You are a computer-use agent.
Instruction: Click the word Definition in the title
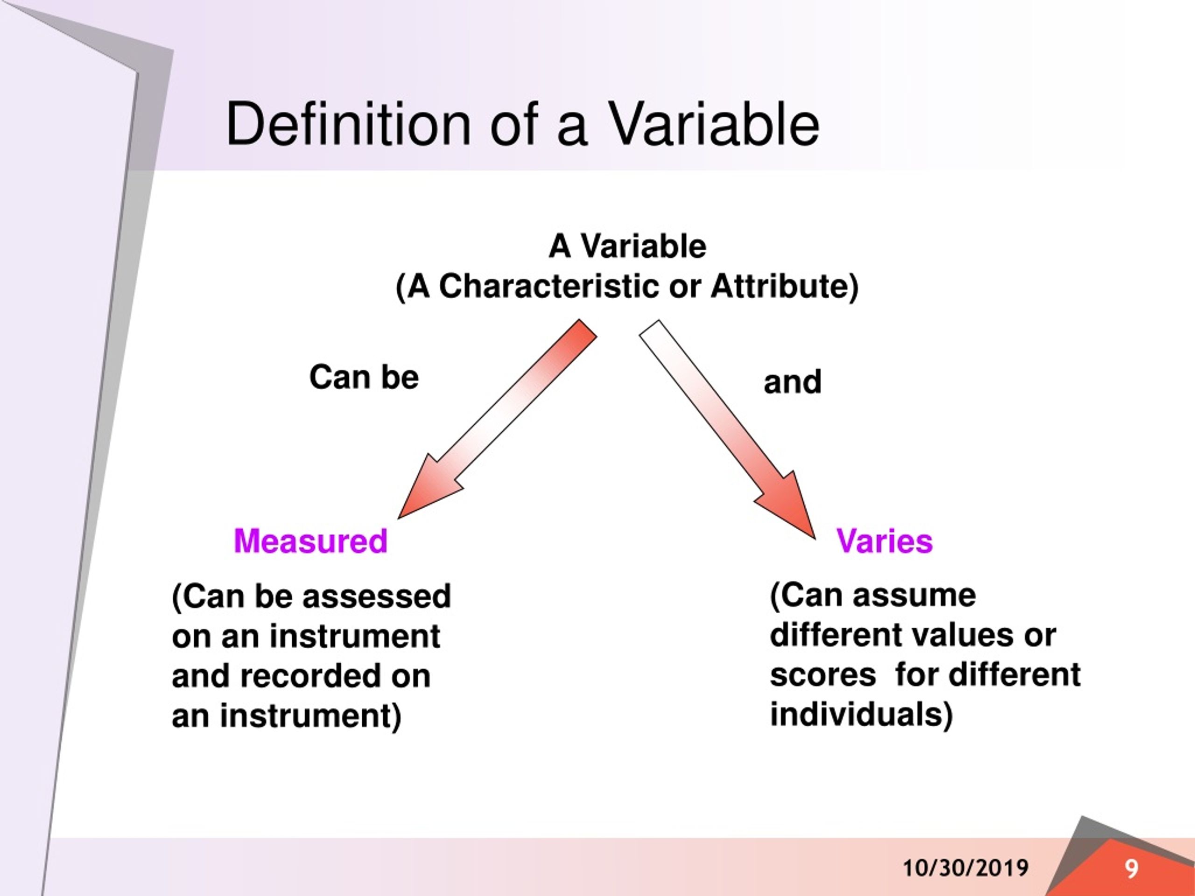coord(348,125)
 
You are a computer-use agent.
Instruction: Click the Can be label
coord(364,377)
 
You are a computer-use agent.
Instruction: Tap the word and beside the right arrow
coord(792,382)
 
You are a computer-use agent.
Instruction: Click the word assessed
coord(377,596)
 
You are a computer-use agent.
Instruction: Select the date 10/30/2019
coord(965,868)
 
